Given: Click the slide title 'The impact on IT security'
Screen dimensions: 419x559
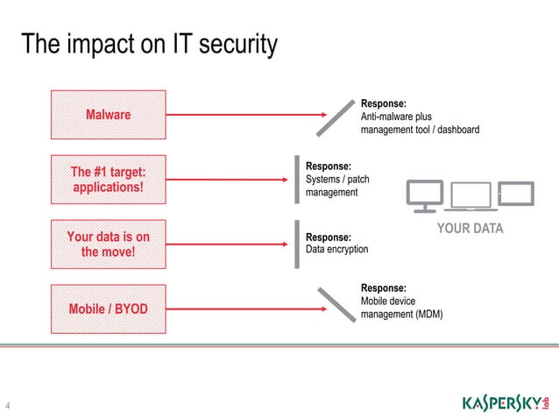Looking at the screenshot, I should (x=149, y=44).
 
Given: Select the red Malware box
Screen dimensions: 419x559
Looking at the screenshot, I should (x=108, y=115).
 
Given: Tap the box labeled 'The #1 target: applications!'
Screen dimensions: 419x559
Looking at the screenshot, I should (x=108, y=180).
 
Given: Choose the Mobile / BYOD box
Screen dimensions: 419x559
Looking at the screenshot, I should (x=108, y=309).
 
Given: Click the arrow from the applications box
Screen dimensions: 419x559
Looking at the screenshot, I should (x=228, y=180).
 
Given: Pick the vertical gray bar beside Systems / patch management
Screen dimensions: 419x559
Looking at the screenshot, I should (x=297, y=179).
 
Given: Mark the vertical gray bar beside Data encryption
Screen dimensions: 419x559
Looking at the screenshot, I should (x=297, y=245).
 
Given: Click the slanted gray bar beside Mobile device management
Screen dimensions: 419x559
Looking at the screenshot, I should (x=334, y=304).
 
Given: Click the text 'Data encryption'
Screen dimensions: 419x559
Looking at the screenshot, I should (x=336, y=250).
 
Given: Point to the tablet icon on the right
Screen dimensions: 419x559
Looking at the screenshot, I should (x=515, y=193).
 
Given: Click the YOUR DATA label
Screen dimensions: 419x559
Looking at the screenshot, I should (x=471, y=230).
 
